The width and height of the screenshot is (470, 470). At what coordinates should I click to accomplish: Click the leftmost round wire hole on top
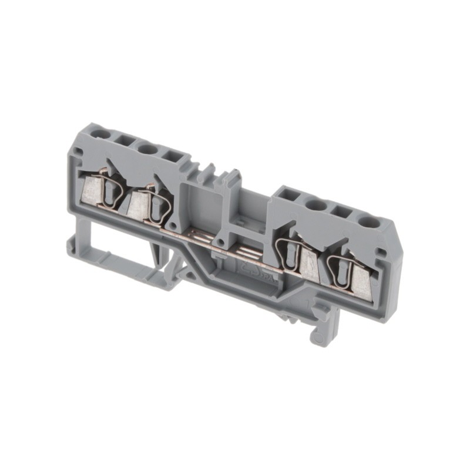tap(100, 134)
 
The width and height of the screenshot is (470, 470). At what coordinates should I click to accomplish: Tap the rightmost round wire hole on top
tap(369, 222)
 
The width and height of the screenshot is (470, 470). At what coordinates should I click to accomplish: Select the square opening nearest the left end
tap(125, 142)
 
